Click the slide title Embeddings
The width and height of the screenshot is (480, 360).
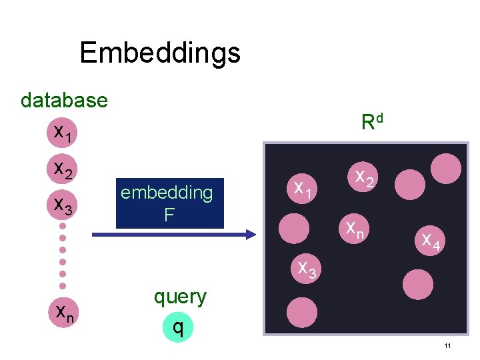tap(160, 52)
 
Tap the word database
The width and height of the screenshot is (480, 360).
tap(64, 100)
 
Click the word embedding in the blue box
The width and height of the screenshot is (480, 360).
tap(167, 193)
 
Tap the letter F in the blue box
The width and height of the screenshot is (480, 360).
tap(169, 215)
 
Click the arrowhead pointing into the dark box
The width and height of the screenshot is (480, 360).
tap(251, 234)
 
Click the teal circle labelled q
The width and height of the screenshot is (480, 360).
tap(177, 326)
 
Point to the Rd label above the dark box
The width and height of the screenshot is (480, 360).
tap(372, 122)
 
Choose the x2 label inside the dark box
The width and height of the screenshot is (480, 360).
tap(363, 178)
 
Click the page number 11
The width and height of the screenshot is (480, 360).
tap(447, 345)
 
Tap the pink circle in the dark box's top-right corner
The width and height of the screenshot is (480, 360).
tap(445, 169)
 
